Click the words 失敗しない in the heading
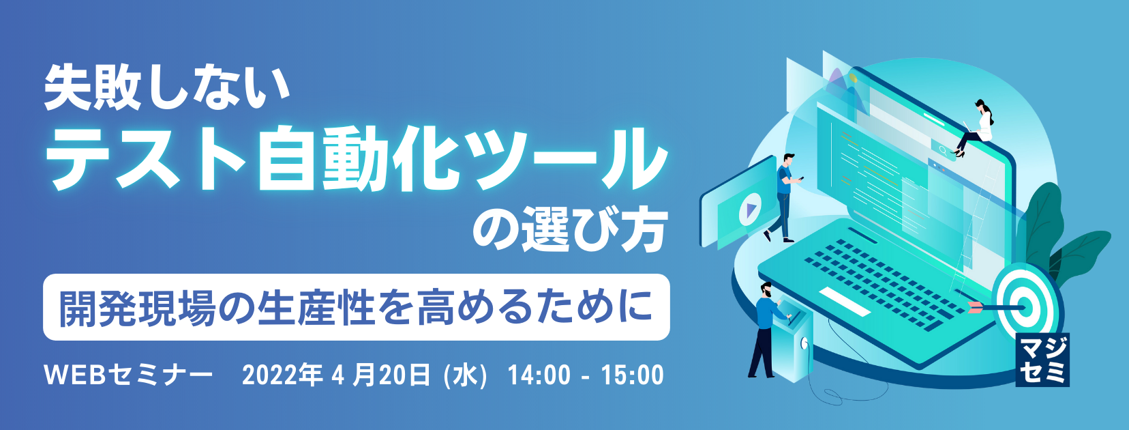pyautogui.click(x=167, y=89)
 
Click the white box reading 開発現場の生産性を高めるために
pyautogui.click(x=357, y=307)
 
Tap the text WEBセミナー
pyautogui.click(x=129, y=375)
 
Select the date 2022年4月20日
pyautogui.click(x=336, y=375)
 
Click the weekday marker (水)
pyautogui.click(x=465, y=375)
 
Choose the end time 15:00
pyautogui.click(x=632, y=375)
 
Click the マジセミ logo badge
pyautogui.click(x=1042, y=360)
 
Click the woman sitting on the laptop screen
pyautogui.click(x=975, y=128)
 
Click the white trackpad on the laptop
pyautogui.click(x=844, y=301)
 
